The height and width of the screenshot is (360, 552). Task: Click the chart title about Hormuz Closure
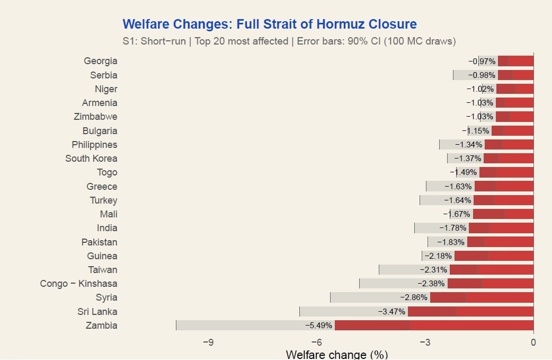click(269, 24)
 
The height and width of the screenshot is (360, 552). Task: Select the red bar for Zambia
click(434, 325)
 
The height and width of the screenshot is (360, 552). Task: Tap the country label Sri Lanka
click(97, 311)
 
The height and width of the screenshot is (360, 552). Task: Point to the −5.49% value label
click(318, 325)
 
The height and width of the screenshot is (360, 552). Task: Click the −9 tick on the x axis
click(208, 342)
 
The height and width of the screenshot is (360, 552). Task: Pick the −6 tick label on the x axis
click(316, 342)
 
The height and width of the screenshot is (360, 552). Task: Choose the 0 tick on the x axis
click(533, 342)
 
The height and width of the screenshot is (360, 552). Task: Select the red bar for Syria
click(482, 297)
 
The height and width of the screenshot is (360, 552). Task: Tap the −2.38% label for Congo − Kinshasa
click(431, 284)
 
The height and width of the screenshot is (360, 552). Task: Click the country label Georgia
click(101, 61)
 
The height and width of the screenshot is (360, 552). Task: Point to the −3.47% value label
click(391, 311)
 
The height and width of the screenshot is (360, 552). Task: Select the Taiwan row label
click(103, 269)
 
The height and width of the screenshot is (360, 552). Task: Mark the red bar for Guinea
click(494, 256)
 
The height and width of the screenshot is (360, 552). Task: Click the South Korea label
click(91, 158)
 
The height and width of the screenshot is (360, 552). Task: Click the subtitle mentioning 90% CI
click(289, 41)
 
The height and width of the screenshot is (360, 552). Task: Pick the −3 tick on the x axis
click(425, 342)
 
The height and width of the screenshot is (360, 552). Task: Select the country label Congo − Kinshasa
click(79, 284)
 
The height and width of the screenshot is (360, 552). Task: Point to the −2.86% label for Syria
click(413, 297)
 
